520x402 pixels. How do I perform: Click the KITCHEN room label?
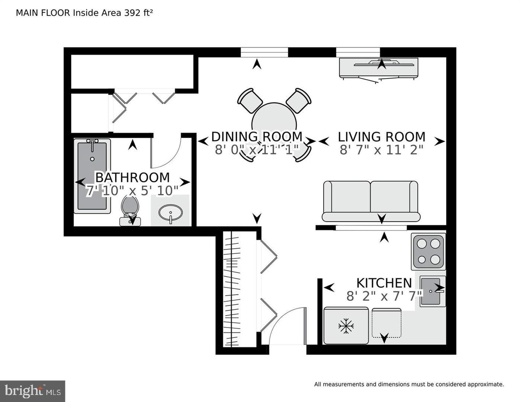[384, 283]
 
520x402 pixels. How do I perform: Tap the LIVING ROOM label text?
[381, 137]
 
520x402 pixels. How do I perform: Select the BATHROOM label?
[132, 177]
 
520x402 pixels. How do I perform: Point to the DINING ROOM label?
[257, 137]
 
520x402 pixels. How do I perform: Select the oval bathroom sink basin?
[170, 213]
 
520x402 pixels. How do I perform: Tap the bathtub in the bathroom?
[92, 176]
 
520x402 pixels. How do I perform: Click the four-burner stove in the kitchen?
[428, 251]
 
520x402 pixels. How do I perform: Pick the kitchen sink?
[432, 291]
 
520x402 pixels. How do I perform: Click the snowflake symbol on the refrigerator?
[346, 326]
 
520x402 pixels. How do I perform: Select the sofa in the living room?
[371, 201]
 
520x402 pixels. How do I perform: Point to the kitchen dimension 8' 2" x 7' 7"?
[384, 297]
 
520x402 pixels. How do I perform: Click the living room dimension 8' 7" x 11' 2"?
[381, 150]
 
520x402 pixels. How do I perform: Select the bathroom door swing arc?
[166, 153]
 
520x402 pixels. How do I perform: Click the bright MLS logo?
[33, 391]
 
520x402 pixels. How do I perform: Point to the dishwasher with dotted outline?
[386, 323]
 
